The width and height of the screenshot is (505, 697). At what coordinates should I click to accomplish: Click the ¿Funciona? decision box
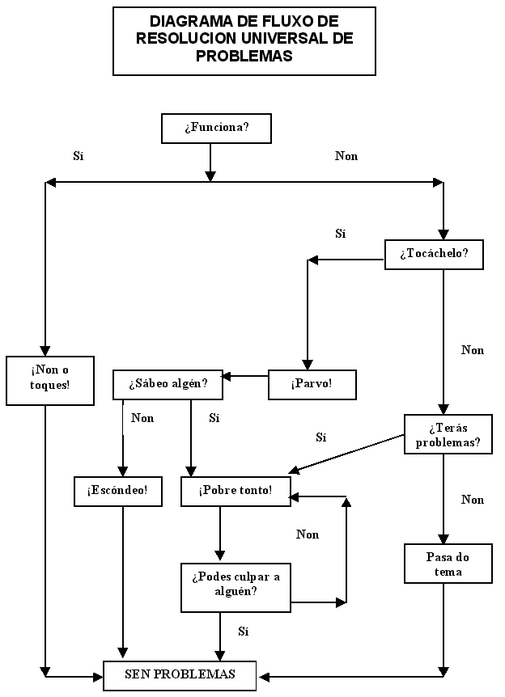coord(216,129)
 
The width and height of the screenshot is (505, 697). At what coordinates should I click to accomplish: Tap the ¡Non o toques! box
coord(45,379)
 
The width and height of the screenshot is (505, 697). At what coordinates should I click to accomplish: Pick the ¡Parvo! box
coord(312,384)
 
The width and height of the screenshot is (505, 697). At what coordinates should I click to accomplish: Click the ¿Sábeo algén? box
coord(168,384)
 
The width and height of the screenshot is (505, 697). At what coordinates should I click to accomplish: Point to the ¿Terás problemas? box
coord(448,434)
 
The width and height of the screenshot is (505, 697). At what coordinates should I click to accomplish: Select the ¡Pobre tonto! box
coord(236,491)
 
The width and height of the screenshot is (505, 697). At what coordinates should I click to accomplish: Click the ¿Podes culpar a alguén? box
coord(236,584)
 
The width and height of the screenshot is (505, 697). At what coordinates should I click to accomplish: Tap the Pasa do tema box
coord(448,564)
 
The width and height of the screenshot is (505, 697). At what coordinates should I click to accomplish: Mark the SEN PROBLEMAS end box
coord(180,674)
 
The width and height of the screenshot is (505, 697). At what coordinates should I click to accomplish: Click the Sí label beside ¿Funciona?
coord(79,156)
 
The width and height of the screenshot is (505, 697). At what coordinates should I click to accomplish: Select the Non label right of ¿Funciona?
coord(346,156)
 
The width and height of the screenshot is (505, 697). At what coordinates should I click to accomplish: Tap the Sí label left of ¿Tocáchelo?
coord(341,234)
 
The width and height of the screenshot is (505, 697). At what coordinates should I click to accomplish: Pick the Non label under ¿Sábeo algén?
coord(142,419)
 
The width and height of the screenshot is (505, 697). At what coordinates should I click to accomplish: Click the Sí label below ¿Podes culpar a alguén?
coord(243,631)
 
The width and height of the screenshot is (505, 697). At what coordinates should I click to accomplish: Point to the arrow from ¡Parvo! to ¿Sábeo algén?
coord(245,376)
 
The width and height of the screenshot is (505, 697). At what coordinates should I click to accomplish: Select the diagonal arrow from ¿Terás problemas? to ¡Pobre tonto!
coord(348,453)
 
